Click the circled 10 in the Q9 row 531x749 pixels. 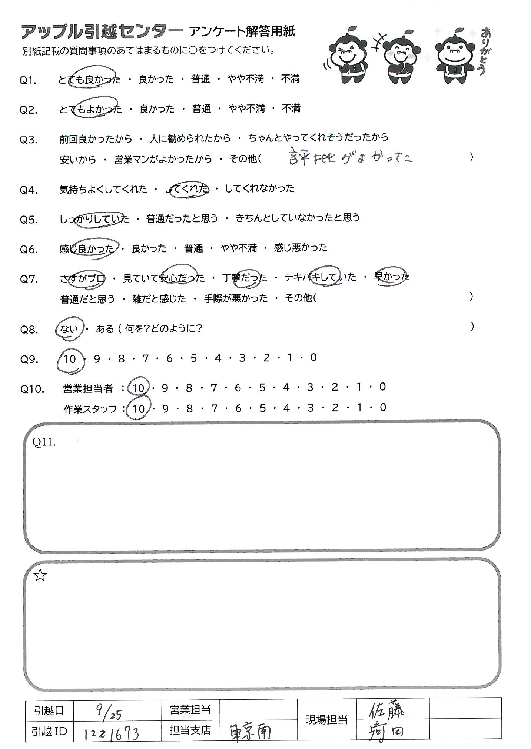pyautogui.click(x=70, y=359)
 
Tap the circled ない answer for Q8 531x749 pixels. pyautogui.click(x=69, y=328)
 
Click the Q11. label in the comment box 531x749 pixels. pyautogui.click(x=44, y=442)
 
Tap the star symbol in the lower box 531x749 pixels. pyautogui.click(x=40, y=575)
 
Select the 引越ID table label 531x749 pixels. pyautogui.click(x=50, y=731)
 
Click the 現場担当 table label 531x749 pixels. pyautogui.click(x=326, y=720)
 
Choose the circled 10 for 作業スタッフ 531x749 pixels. pyautogui.click(x=138, y=408)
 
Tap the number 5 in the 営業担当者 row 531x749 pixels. pyautogui.click(x=262, y=387)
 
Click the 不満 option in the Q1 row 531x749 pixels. pyautogui.click(x=290, y=79)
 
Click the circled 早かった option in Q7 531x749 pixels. pyautogui.click(x=392, y=277)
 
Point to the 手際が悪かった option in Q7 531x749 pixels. pyautogui.click(x=236, y=298)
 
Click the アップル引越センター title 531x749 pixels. pyautogui.click(x=102, y=32)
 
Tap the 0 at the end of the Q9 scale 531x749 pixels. pyautogui.click(x=313, y=358)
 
